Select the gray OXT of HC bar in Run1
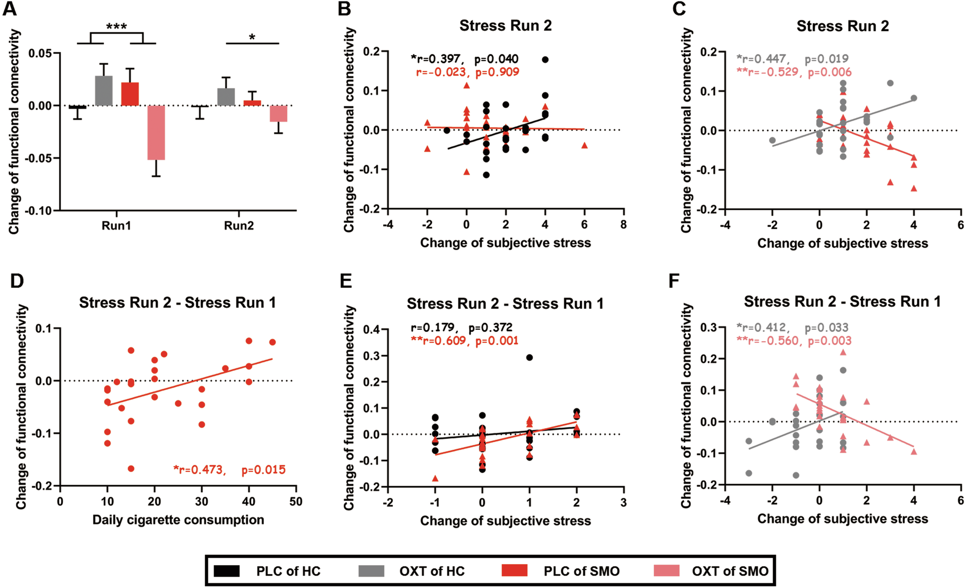pos(104,91)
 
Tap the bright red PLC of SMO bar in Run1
pos(130,94)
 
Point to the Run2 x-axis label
pos(238,226)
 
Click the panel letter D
pos(17,281)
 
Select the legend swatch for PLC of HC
pos(227,571)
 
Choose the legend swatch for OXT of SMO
pos(666,571)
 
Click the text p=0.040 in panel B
pos(496,59)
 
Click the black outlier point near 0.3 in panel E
pos(529,358)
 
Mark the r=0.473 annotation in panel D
pos(199,470)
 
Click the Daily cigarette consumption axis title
pos(178,520)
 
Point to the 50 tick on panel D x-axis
pos(296,501)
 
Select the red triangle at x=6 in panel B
pos(584,145)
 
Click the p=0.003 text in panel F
pos(829,341)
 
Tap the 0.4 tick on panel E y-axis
pos(372,330)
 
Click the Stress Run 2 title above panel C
pos(842,26)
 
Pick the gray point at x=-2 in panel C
pos(772,140)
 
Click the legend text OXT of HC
pos(432,571)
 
